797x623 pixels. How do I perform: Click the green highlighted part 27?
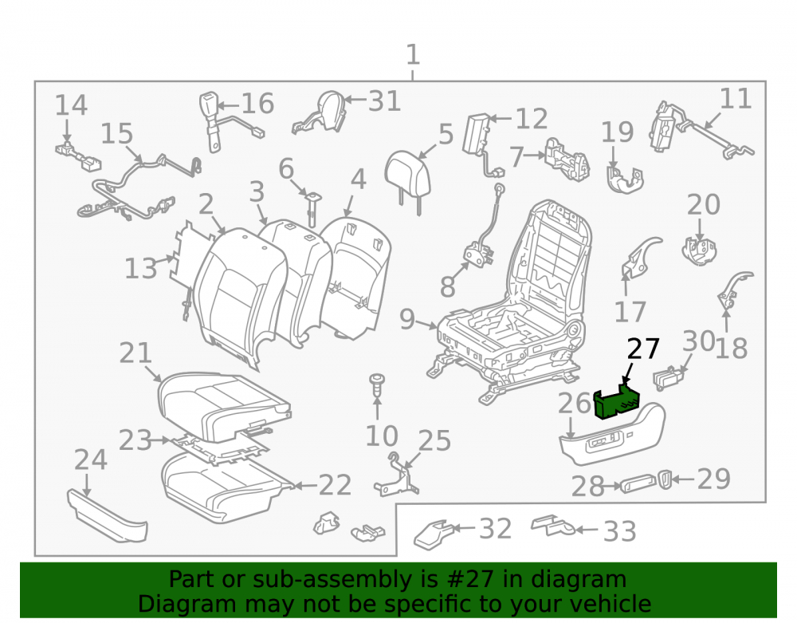(616, 402)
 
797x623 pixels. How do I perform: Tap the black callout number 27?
(643, 349)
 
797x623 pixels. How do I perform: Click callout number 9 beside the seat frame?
(407, 319)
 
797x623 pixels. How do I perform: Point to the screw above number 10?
(377, 385)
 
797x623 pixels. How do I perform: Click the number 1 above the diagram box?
(413, 54)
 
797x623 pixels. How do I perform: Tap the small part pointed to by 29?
(665, 479)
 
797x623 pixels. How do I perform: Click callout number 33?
(619, 531)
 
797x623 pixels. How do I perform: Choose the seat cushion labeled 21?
(224, 404)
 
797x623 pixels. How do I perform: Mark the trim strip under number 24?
(108, 517)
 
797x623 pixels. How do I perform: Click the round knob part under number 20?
(699, 251)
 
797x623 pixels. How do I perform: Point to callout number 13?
(141, 269)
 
